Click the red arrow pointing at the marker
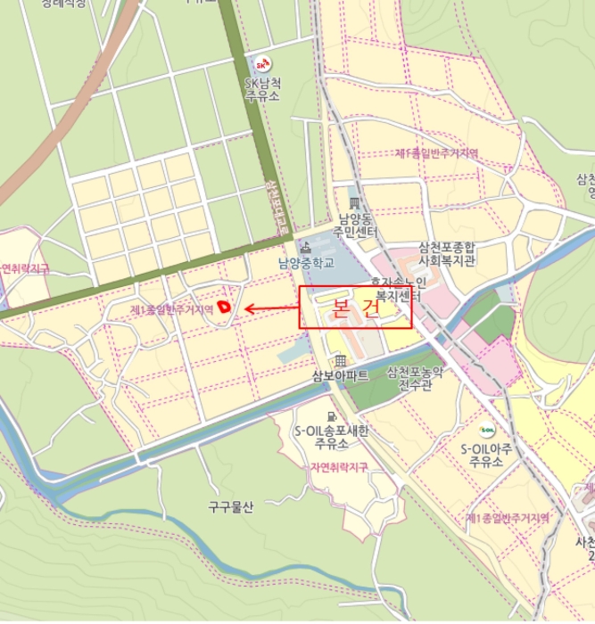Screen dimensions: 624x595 271,309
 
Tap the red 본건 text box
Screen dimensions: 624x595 355,308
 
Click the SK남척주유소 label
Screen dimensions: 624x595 262,90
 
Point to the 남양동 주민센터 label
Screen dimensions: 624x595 359,226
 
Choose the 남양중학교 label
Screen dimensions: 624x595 305,263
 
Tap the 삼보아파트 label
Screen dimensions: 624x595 340,375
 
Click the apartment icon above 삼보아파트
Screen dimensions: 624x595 340,359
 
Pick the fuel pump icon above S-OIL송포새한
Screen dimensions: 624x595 332,416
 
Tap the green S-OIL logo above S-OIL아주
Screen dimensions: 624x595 487,432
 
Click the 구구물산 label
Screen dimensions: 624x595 230,507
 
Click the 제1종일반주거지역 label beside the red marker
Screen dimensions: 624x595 171,309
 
